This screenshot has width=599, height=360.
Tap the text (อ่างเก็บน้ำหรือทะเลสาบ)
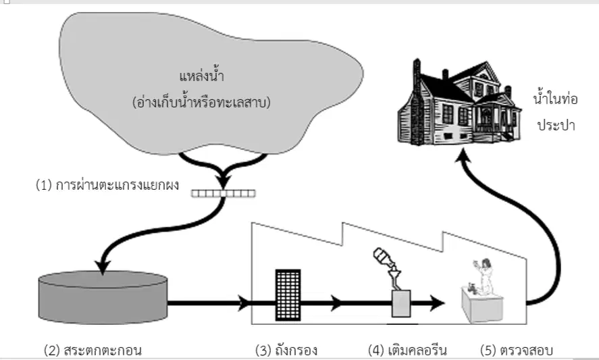point(201,102)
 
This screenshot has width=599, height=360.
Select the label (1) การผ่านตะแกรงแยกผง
point(107,185)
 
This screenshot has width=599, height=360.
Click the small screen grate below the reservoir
point(224,193)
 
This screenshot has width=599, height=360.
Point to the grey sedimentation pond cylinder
point(103,297)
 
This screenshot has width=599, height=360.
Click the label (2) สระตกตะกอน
point(93,350)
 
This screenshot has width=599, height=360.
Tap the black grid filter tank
point(288,294)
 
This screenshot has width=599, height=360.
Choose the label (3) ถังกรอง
point(286,350)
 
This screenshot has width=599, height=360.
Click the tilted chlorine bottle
point(384,257)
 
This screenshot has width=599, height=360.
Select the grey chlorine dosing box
point(402,303)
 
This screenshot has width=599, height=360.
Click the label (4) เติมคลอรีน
point(407,350)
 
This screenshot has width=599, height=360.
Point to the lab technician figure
point(484,276)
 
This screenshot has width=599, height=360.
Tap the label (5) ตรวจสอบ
point(517,350)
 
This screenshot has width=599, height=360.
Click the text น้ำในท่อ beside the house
point(556,99)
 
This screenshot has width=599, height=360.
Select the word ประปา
point(556,125)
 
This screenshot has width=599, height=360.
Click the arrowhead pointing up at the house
point(463,155)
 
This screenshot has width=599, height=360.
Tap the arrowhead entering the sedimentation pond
point(103,267)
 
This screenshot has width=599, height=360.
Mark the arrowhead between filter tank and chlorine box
point(337,303)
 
